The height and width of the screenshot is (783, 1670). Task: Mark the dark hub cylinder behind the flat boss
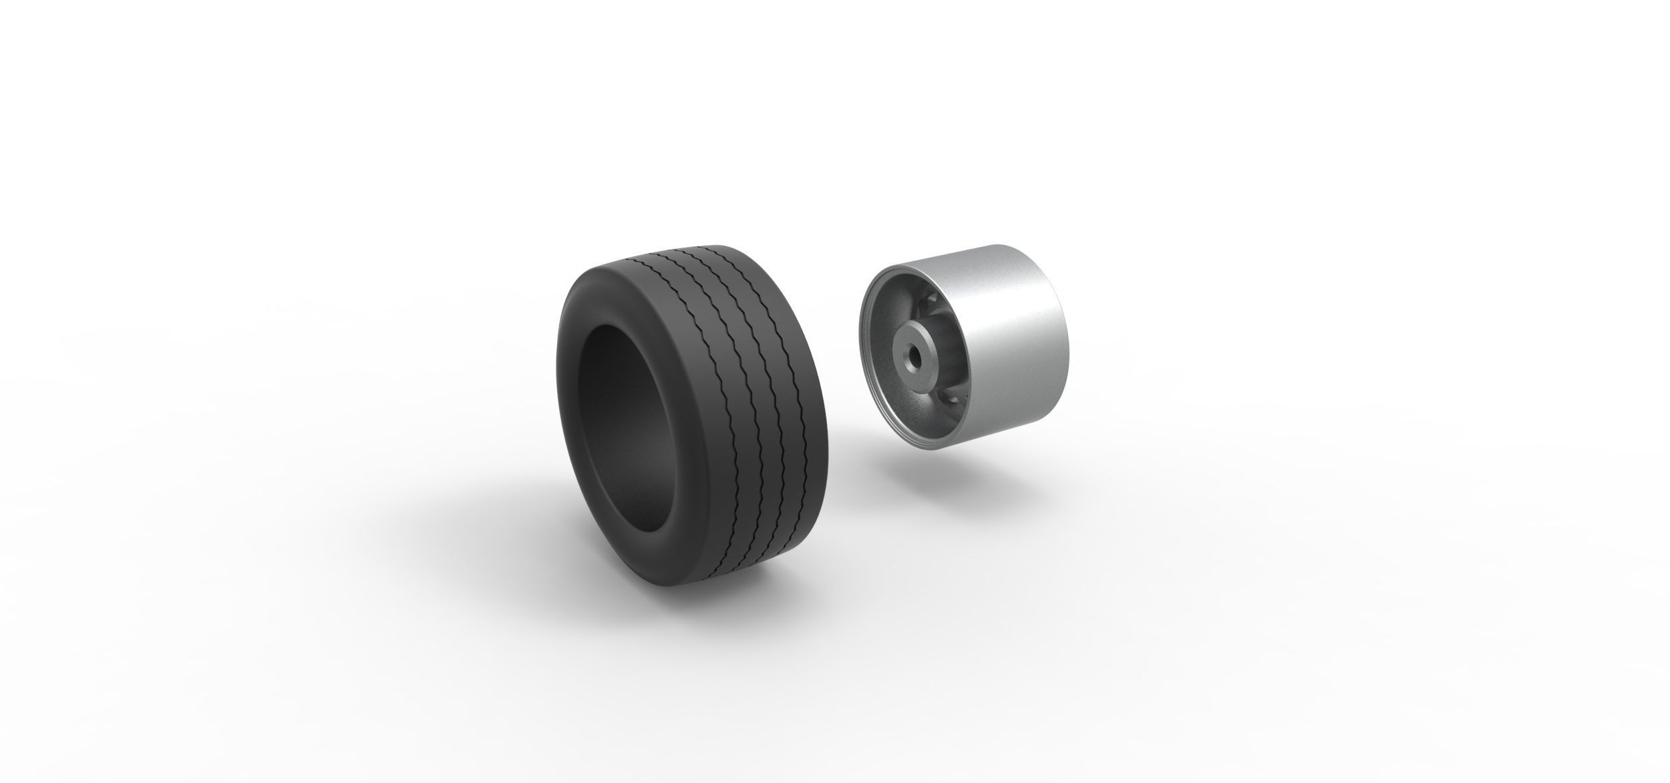(x=935, y=334)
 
